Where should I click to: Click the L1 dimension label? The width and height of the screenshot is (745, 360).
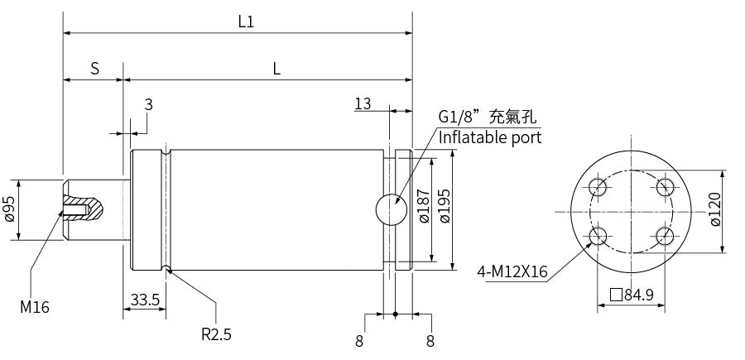[x=246, y=22]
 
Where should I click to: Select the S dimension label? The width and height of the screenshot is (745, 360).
[x=95, y=69]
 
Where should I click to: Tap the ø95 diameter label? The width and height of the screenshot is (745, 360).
[x=10, y=209]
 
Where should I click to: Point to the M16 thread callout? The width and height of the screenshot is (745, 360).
[x=35, y=307]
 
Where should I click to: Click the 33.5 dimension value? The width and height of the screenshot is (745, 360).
[x=146, y=300]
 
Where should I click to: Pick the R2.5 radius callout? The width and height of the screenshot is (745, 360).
[x=216, y=334]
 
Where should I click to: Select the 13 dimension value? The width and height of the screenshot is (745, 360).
[x=363, y=103]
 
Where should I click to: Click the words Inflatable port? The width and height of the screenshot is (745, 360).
[x=490, y=137]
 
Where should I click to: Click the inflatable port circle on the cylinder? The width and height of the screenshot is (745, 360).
[x=389, y=209]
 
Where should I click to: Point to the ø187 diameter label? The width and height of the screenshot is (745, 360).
[x=423, y=209]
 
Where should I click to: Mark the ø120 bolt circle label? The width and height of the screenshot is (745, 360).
[x=716, y=209]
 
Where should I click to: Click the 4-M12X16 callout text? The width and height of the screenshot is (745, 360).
[x=512, y=271]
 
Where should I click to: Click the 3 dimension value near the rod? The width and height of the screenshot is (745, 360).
[x=148, y=104]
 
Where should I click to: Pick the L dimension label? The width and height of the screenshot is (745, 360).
[x=276, y=69]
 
